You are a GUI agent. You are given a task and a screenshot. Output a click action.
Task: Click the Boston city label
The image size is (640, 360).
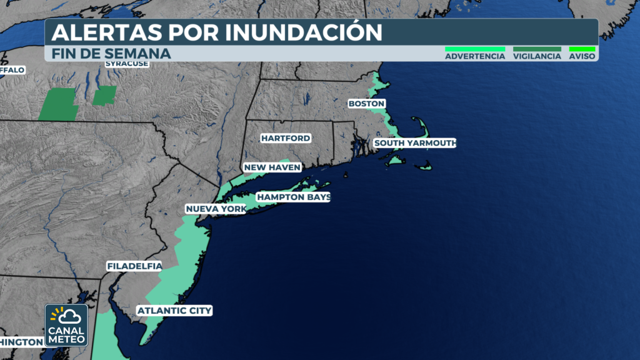[x=366, y=103]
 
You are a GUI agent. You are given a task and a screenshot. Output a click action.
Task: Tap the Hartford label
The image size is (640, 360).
[x=285, y=137]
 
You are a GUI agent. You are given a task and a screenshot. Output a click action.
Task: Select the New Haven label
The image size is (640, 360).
[x=272, y=167]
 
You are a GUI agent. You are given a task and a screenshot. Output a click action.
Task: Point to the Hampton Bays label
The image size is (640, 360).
[x=293, y=197]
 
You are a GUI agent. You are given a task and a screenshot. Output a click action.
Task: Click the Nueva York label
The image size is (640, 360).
[x=216, y=208]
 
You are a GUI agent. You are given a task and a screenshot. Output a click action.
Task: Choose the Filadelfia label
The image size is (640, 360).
[x=134, y=266]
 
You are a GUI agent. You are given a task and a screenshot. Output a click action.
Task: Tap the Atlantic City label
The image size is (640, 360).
[x=174, y=310]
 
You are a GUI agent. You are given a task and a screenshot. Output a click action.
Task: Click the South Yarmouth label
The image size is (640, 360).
[x=414, y=143]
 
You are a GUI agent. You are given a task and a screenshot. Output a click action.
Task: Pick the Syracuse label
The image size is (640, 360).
[x=126, y=64]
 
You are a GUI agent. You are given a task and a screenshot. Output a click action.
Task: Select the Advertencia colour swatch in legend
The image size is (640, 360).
[x=474, y=49]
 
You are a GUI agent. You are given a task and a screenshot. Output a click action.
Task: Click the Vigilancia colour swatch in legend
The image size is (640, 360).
[x=537, y=49]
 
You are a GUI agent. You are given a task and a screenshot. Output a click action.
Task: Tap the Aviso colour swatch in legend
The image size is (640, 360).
[x=582, y=49]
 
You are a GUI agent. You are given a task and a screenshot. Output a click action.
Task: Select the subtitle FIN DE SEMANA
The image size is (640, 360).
[x=111, y=54]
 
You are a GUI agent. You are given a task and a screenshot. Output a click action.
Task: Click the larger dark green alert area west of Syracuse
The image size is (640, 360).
[x=59, y=104]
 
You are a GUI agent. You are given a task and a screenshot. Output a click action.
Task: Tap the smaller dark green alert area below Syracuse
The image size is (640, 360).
[x=104, y=96]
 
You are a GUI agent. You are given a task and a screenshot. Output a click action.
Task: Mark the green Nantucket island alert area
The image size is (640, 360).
[x=426, y=166]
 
